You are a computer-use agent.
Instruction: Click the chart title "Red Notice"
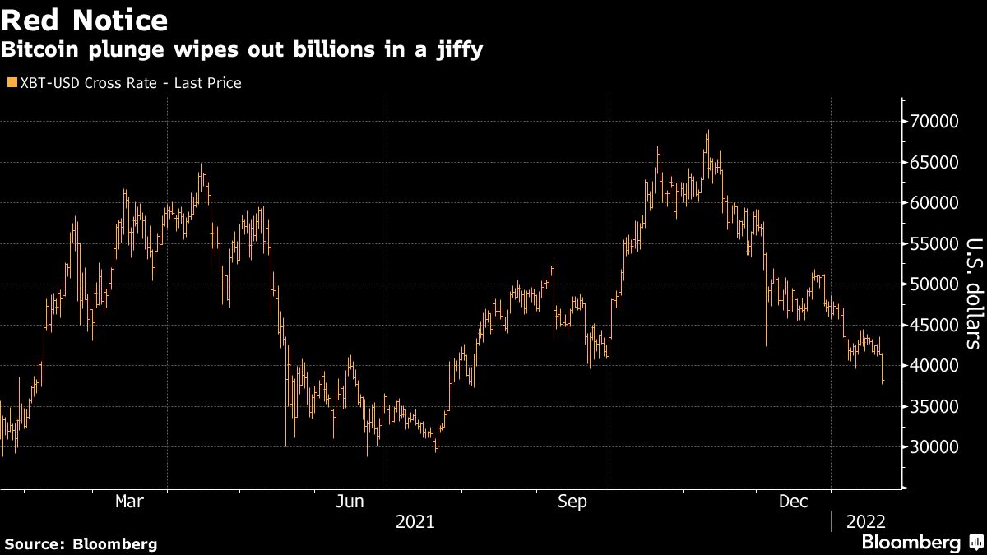pyautogui.click(x=85, y=19)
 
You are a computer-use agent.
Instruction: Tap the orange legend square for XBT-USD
pyautogui.click(x=11, y=83)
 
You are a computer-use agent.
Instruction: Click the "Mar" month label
pyautogui.click(x=130, y=501)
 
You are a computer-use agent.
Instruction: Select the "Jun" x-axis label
pyautogui.click(x=351, y=501)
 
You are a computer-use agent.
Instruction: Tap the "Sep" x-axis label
pyautogui.click(x=572, y=501)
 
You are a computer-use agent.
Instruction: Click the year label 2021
pyautogui.click(x=415, y=521)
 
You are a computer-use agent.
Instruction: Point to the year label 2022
pyautogui.click(x=865, y=521)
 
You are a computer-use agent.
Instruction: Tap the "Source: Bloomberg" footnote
pyautogui.click(x=81, y=543)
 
